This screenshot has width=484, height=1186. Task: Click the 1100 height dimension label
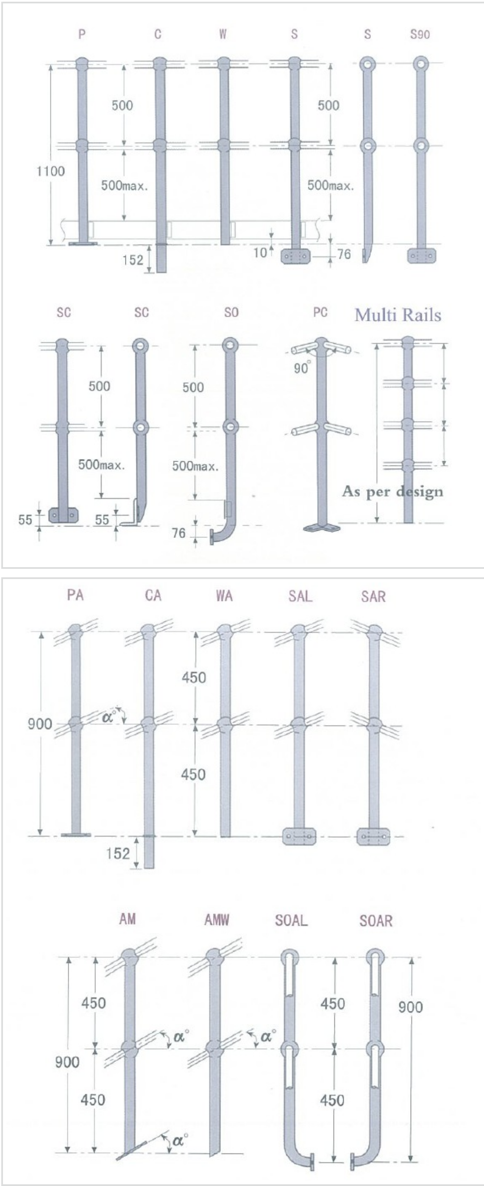point(51,171)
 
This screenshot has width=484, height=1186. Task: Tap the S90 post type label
point(420,34)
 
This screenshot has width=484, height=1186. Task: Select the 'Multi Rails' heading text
point(398,315)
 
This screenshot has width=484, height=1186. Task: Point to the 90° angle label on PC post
point(302,368)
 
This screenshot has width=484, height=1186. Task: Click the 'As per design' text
point(392,492)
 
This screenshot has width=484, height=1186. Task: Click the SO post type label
point(231,313)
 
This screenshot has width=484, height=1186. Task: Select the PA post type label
point(75,595)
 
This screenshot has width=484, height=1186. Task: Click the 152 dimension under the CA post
point(118,853)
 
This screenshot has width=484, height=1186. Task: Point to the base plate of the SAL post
point(299,837)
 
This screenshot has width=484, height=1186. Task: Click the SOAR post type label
point(376,920)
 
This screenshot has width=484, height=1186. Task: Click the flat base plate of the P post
point(83,244)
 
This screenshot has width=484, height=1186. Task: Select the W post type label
point(223,34)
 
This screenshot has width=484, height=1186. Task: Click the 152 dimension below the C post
point(133,260)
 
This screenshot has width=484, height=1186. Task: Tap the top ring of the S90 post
point(420,63)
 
